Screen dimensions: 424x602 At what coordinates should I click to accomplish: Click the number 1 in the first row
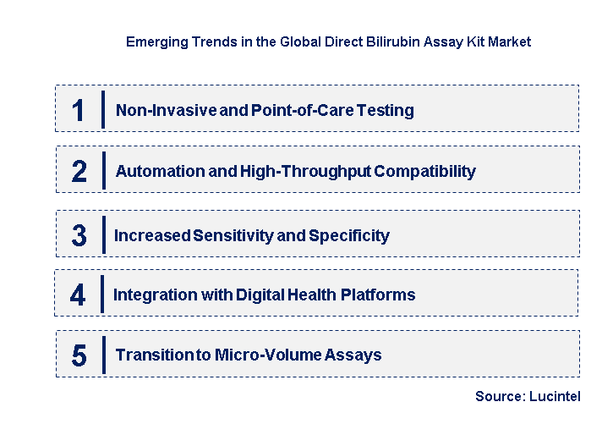click(79, 110)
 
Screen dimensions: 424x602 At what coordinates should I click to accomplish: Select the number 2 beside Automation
click(79, 172)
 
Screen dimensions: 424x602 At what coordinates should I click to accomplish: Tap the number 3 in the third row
click(79, 235)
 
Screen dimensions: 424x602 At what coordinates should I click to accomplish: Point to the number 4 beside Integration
click(78, 295)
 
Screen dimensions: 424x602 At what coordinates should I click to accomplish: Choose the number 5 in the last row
click(79, 355)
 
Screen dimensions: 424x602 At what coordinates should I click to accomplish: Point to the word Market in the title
click(510, 41)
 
